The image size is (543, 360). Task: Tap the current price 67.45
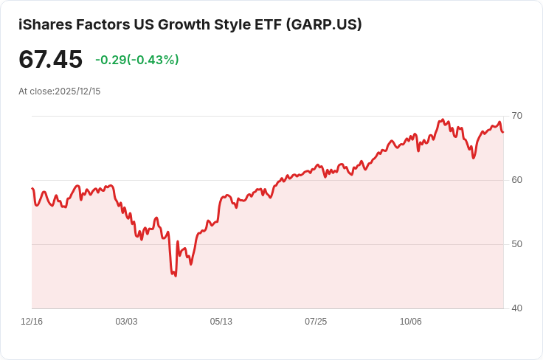coord(50,60)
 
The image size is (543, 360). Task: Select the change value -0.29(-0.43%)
coord(137,60)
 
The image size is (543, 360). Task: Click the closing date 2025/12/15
coord(77,91)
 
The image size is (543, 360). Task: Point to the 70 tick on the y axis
coord(516,116)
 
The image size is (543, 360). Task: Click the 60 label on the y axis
coord(516,180)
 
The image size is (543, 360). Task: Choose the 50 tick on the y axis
coord(516,244)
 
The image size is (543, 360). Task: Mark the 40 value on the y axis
coord(516,308)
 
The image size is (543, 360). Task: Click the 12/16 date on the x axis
coord(32,322)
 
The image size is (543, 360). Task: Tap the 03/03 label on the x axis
coord(126,322)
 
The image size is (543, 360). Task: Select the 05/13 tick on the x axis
coord(221,322)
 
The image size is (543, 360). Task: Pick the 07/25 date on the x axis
coord(316,322)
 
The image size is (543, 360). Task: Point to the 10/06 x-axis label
coord(410,322)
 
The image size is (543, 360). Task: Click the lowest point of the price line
coord(175,276)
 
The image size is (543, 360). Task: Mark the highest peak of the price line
coord(443,120)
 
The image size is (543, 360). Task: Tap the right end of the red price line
coord(503,132)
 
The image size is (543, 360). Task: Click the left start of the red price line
coord(32,189)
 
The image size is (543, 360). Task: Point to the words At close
coord(35,91)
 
